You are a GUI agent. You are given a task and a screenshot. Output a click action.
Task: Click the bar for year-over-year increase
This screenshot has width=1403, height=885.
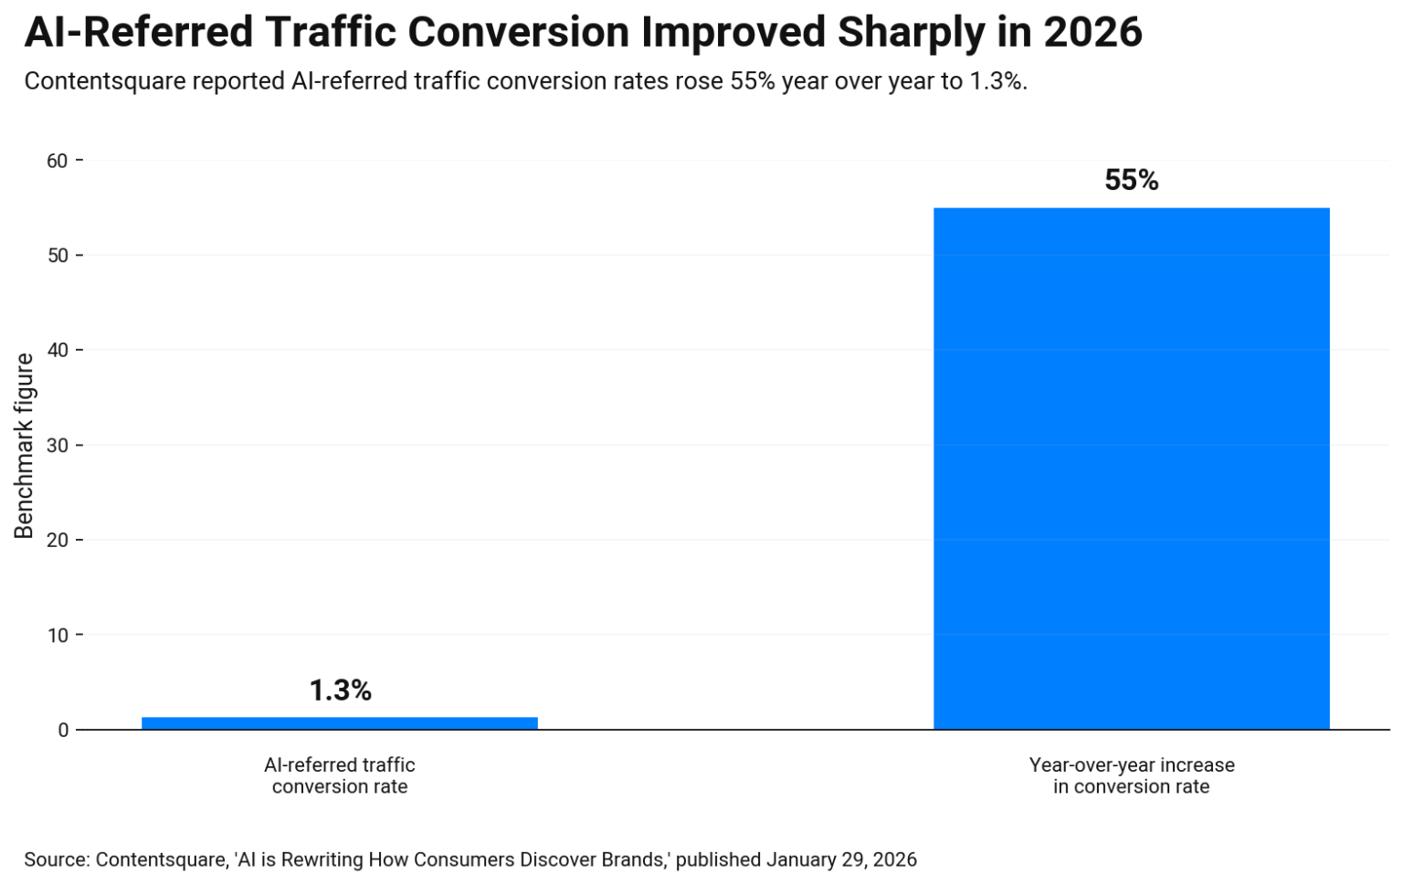pyautogui.click(x=1131, y=468)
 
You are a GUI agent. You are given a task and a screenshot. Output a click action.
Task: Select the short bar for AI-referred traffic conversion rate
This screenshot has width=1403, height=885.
pyautogui.click(x=339, y=722)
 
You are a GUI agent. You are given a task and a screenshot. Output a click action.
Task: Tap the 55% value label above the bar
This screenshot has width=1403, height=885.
pyautogui.click(x=1131, y=180)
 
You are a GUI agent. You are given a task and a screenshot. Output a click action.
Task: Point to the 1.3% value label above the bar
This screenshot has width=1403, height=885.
pyautogui.click(x=340, y=690)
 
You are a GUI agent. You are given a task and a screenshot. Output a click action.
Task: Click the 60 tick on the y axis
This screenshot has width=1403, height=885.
pyautogui.click(x=58, y=161)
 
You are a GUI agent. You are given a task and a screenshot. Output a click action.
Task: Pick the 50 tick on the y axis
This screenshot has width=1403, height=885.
pyautogui.click(x=58, y=256)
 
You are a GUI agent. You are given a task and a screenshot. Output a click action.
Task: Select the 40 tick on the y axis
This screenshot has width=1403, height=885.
pyautogui.click(x=58, y=351)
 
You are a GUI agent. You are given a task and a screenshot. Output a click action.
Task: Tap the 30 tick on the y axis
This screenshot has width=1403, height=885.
pyautogui.click(x=58, y=446)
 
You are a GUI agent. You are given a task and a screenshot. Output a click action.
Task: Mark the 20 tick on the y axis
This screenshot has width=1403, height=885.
pyautogui.click(x=58, y=540)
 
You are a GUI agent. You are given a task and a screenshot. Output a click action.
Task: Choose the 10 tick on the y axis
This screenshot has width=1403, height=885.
pyautogui.click(x=58, y=635)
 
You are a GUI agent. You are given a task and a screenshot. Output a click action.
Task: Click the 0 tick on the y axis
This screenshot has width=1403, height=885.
pyautogui.click(x=63, y=730)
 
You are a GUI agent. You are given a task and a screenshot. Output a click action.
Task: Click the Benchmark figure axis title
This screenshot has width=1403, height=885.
pyautogui.click(x=24, y=446)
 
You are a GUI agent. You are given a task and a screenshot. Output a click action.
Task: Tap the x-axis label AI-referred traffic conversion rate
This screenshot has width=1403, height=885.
pyautogui.click(x=339, y=775)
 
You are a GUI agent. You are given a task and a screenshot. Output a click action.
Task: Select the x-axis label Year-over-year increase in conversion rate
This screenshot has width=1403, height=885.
pyautogui.click(x=1131, y=775)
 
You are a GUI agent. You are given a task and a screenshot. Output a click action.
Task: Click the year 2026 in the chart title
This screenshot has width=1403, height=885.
pyautogui.click(x=1092, y=32)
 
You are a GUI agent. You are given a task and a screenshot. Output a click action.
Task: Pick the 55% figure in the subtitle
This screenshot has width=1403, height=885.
pyautogui.click(x=752, y=81)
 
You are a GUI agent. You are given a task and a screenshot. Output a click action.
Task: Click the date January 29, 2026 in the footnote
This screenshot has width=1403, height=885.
pyautogui.click(x=841, y=859)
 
